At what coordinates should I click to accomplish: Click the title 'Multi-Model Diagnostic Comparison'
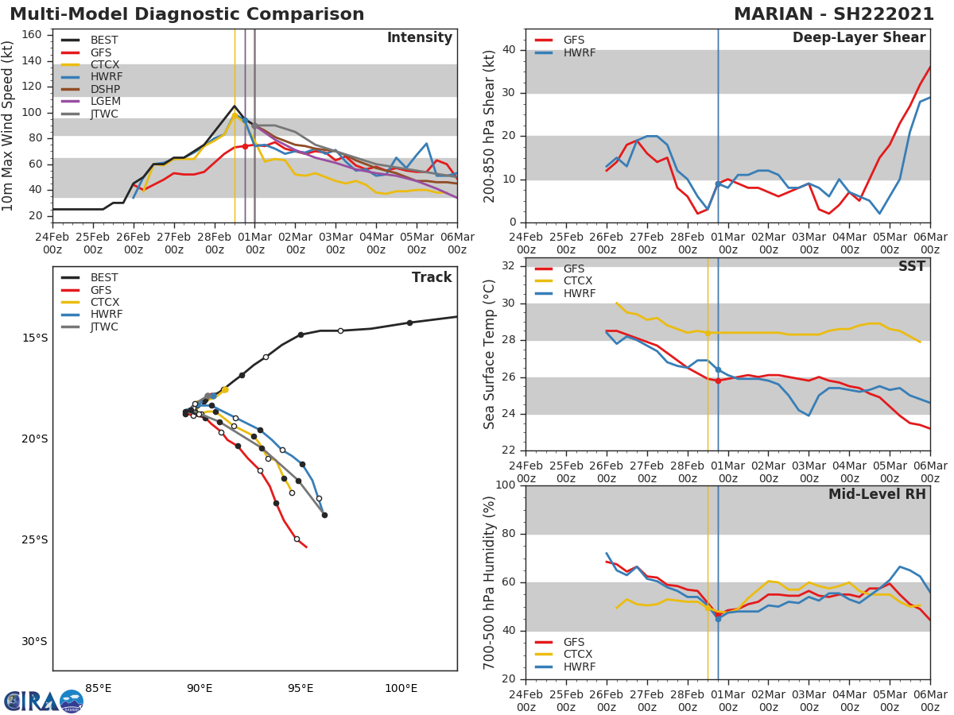point(187,14)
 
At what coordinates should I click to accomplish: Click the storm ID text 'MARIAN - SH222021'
point(834,14)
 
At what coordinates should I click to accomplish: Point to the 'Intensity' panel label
point(419,38)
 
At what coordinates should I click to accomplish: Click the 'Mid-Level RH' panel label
point(877,494)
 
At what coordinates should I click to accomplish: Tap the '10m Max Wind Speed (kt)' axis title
point(10,126)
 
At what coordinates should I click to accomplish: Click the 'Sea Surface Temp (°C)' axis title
point(491,354)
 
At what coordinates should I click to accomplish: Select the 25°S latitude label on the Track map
point(35,540)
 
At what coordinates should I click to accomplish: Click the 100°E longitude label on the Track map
point(401,688)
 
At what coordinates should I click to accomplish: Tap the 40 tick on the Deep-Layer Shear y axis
point(509,50)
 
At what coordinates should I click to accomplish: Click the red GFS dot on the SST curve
point(718,381)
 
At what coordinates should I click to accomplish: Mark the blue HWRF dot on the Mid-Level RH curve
point(718,618)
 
